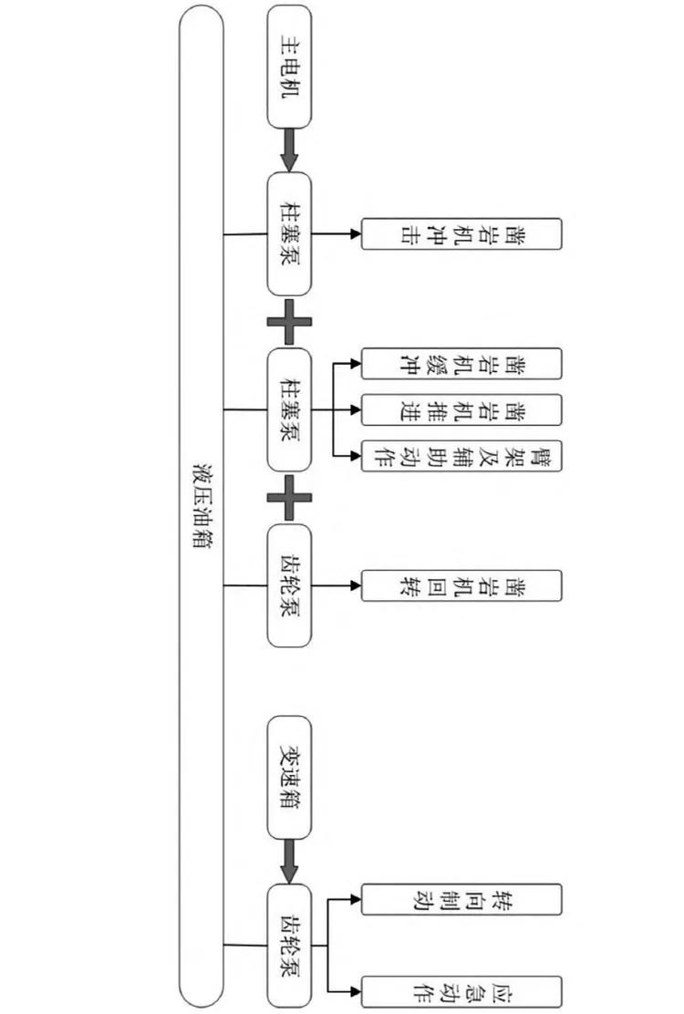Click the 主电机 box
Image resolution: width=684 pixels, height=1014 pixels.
[x=289, y=67]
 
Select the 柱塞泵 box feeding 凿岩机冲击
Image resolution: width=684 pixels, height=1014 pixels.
[x=289, y=234]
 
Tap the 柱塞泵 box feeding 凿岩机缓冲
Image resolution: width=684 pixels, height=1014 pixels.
[x=289, y=409]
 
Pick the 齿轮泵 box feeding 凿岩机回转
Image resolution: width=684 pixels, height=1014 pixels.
[x=289, y=585]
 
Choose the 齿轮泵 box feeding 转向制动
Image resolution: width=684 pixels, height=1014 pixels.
[x=289, y=945]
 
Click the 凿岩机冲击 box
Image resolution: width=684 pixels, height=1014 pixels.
[x=461, y=234]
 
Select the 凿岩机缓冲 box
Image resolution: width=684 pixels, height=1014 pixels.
[x=461, y=364]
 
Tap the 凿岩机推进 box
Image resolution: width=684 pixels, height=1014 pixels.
[x=461, y=409]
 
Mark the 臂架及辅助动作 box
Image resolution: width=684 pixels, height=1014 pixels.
[x=461, y=455]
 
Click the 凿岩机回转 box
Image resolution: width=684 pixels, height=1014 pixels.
[x=461, y=585]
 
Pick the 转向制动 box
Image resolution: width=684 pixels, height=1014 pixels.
[x=461, y=899]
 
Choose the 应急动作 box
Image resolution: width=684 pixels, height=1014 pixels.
[x=461, y=991]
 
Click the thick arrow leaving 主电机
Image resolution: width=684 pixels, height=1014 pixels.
[x=289, y=150]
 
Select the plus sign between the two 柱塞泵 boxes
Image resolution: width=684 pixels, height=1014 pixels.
[x=289, y=321]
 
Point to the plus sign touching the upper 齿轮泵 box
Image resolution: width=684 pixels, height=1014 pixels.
[x=289, y=497]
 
